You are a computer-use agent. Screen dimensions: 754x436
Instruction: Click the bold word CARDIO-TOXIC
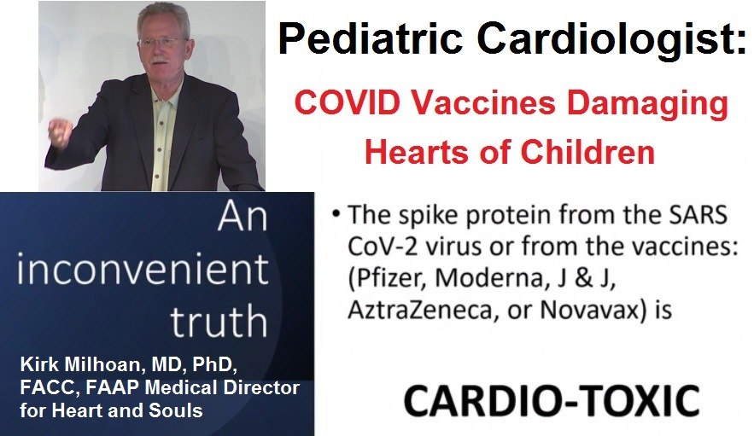point(552,400)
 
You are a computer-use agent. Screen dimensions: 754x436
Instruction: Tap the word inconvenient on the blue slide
point(143,270)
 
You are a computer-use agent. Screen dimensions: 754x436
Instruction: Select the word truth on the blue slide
point(219,321)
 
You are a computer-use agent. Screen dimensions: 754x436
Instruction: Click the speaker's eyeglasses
point(163,41)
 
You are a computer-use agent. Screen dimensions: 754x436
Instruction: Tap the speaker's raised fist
point(61,133)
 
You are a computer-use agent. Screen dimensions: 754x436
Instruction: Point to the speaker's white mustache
point(161,60)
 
